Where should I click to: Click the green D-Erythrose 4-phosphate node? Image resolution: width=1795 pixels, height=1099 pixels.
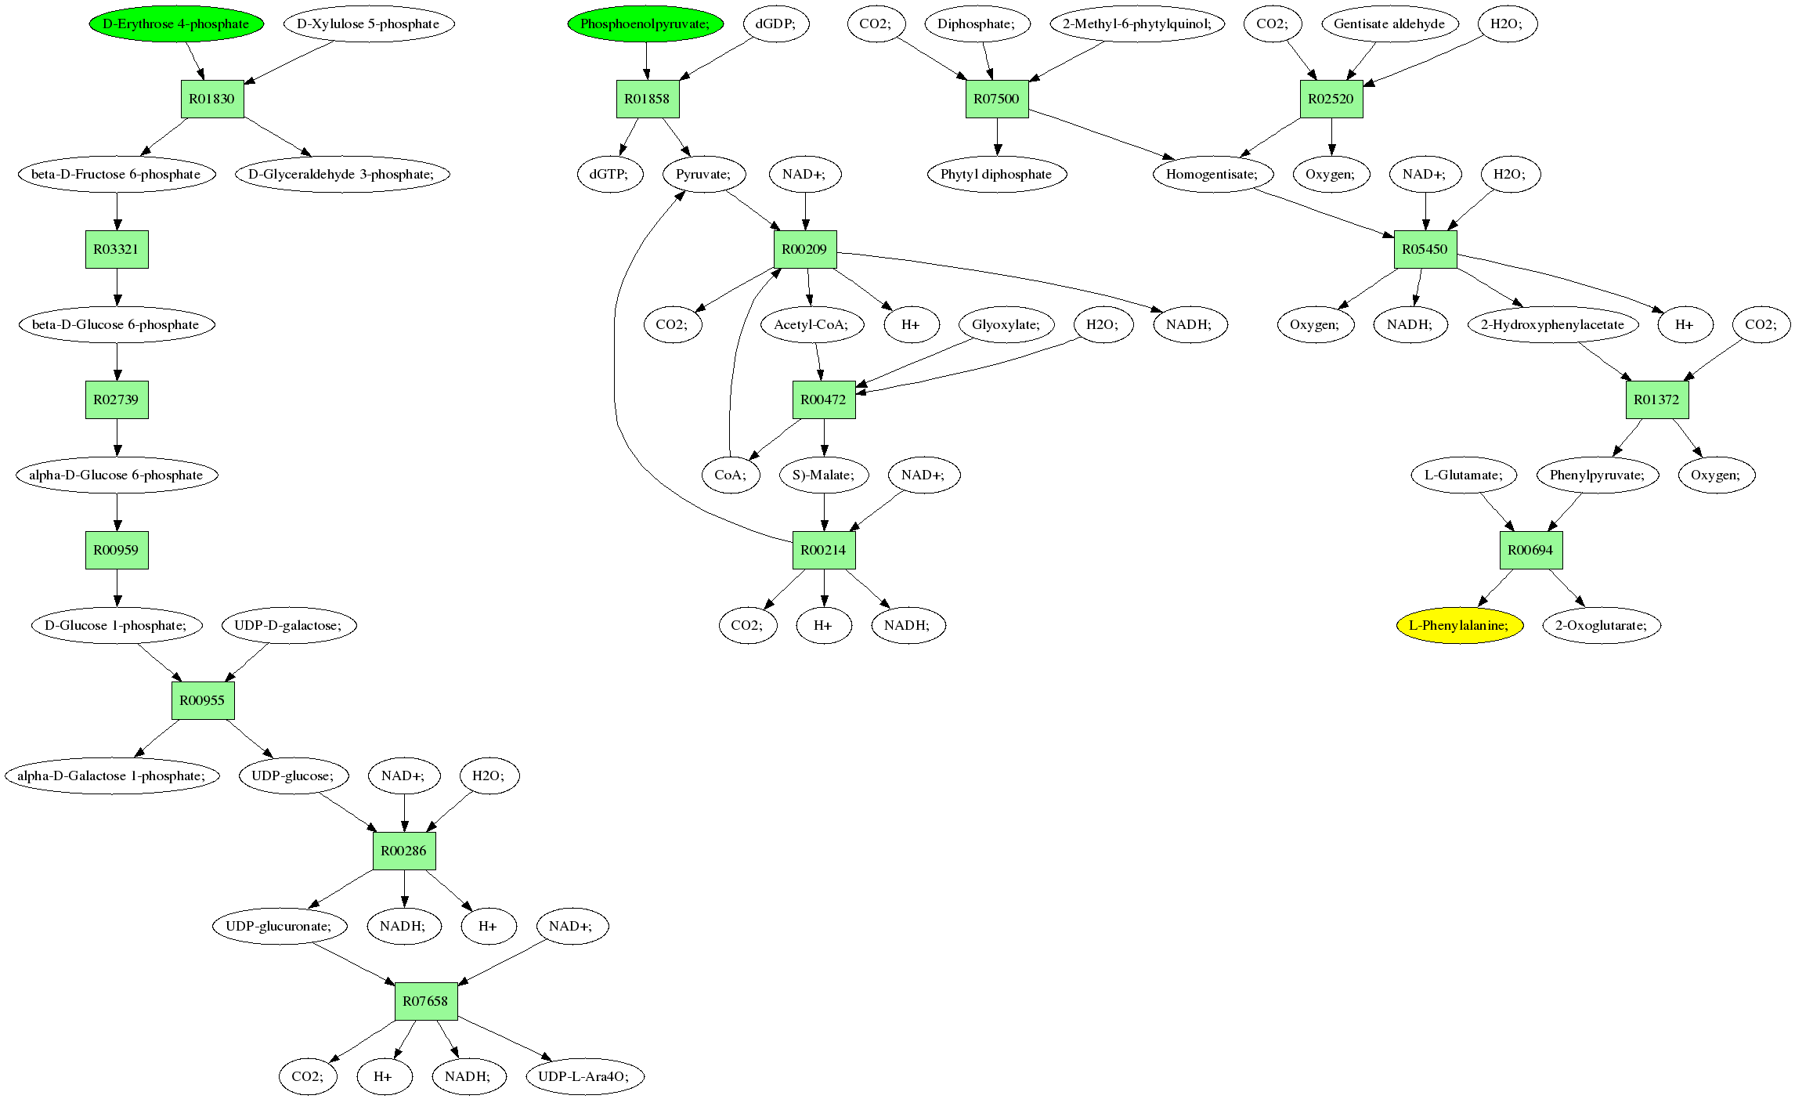click(176, 23)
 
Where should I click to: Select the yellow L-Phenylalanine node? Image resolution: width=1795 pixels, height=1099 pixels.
click(1459, 625)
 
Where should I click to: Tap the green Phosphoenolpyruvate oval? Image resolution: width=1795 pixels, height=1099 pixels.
click(645, 23)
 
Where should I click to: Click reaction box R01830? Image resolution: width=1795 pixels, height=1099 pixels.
click(212, 99)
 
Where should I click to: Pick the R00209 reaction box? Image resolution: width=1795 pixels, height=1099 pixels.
click(805, 249)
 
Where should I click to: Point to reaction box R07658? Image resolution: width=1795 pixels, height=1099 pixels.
click(426, 1001)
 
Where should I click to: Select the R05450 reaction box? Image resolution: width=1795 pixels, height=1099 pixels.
click(1425, 249)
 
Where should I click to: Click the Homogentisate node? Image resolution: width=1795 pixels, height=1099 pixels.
click(1212, 174)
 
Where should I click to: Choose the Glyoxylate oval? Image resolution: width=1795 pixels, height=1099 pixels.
click(1006, 324)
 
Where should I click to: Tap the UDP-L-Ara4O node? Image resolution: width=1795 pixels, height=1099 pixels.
click(584, 1076)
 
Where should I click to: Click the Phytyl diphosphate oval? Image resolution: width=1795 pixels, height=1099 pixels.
click(996, 174)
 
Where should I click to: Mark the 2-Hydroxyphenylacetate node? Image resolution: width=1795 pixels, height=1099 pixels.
click(1553, 324)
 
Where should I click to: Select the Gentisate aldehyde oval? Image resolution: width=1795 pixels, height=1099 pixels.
click(1389, 23)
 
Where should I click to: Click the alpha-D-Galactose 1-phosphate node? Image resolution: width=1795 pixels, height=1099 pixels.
click(112, 775)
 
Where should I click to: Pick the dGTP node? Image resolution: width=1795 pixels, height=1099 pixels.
click(609, 174)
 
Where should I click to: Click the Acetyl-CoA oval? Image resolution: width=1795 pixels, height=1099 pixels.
click(811, 324)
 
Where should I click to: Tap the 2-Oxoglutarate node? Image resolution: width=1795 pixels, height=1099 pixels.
click(1602, 625)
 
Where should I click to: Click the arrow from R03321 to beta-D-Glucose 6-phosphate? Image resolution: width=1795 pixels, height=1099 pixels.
click(117, 287)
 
